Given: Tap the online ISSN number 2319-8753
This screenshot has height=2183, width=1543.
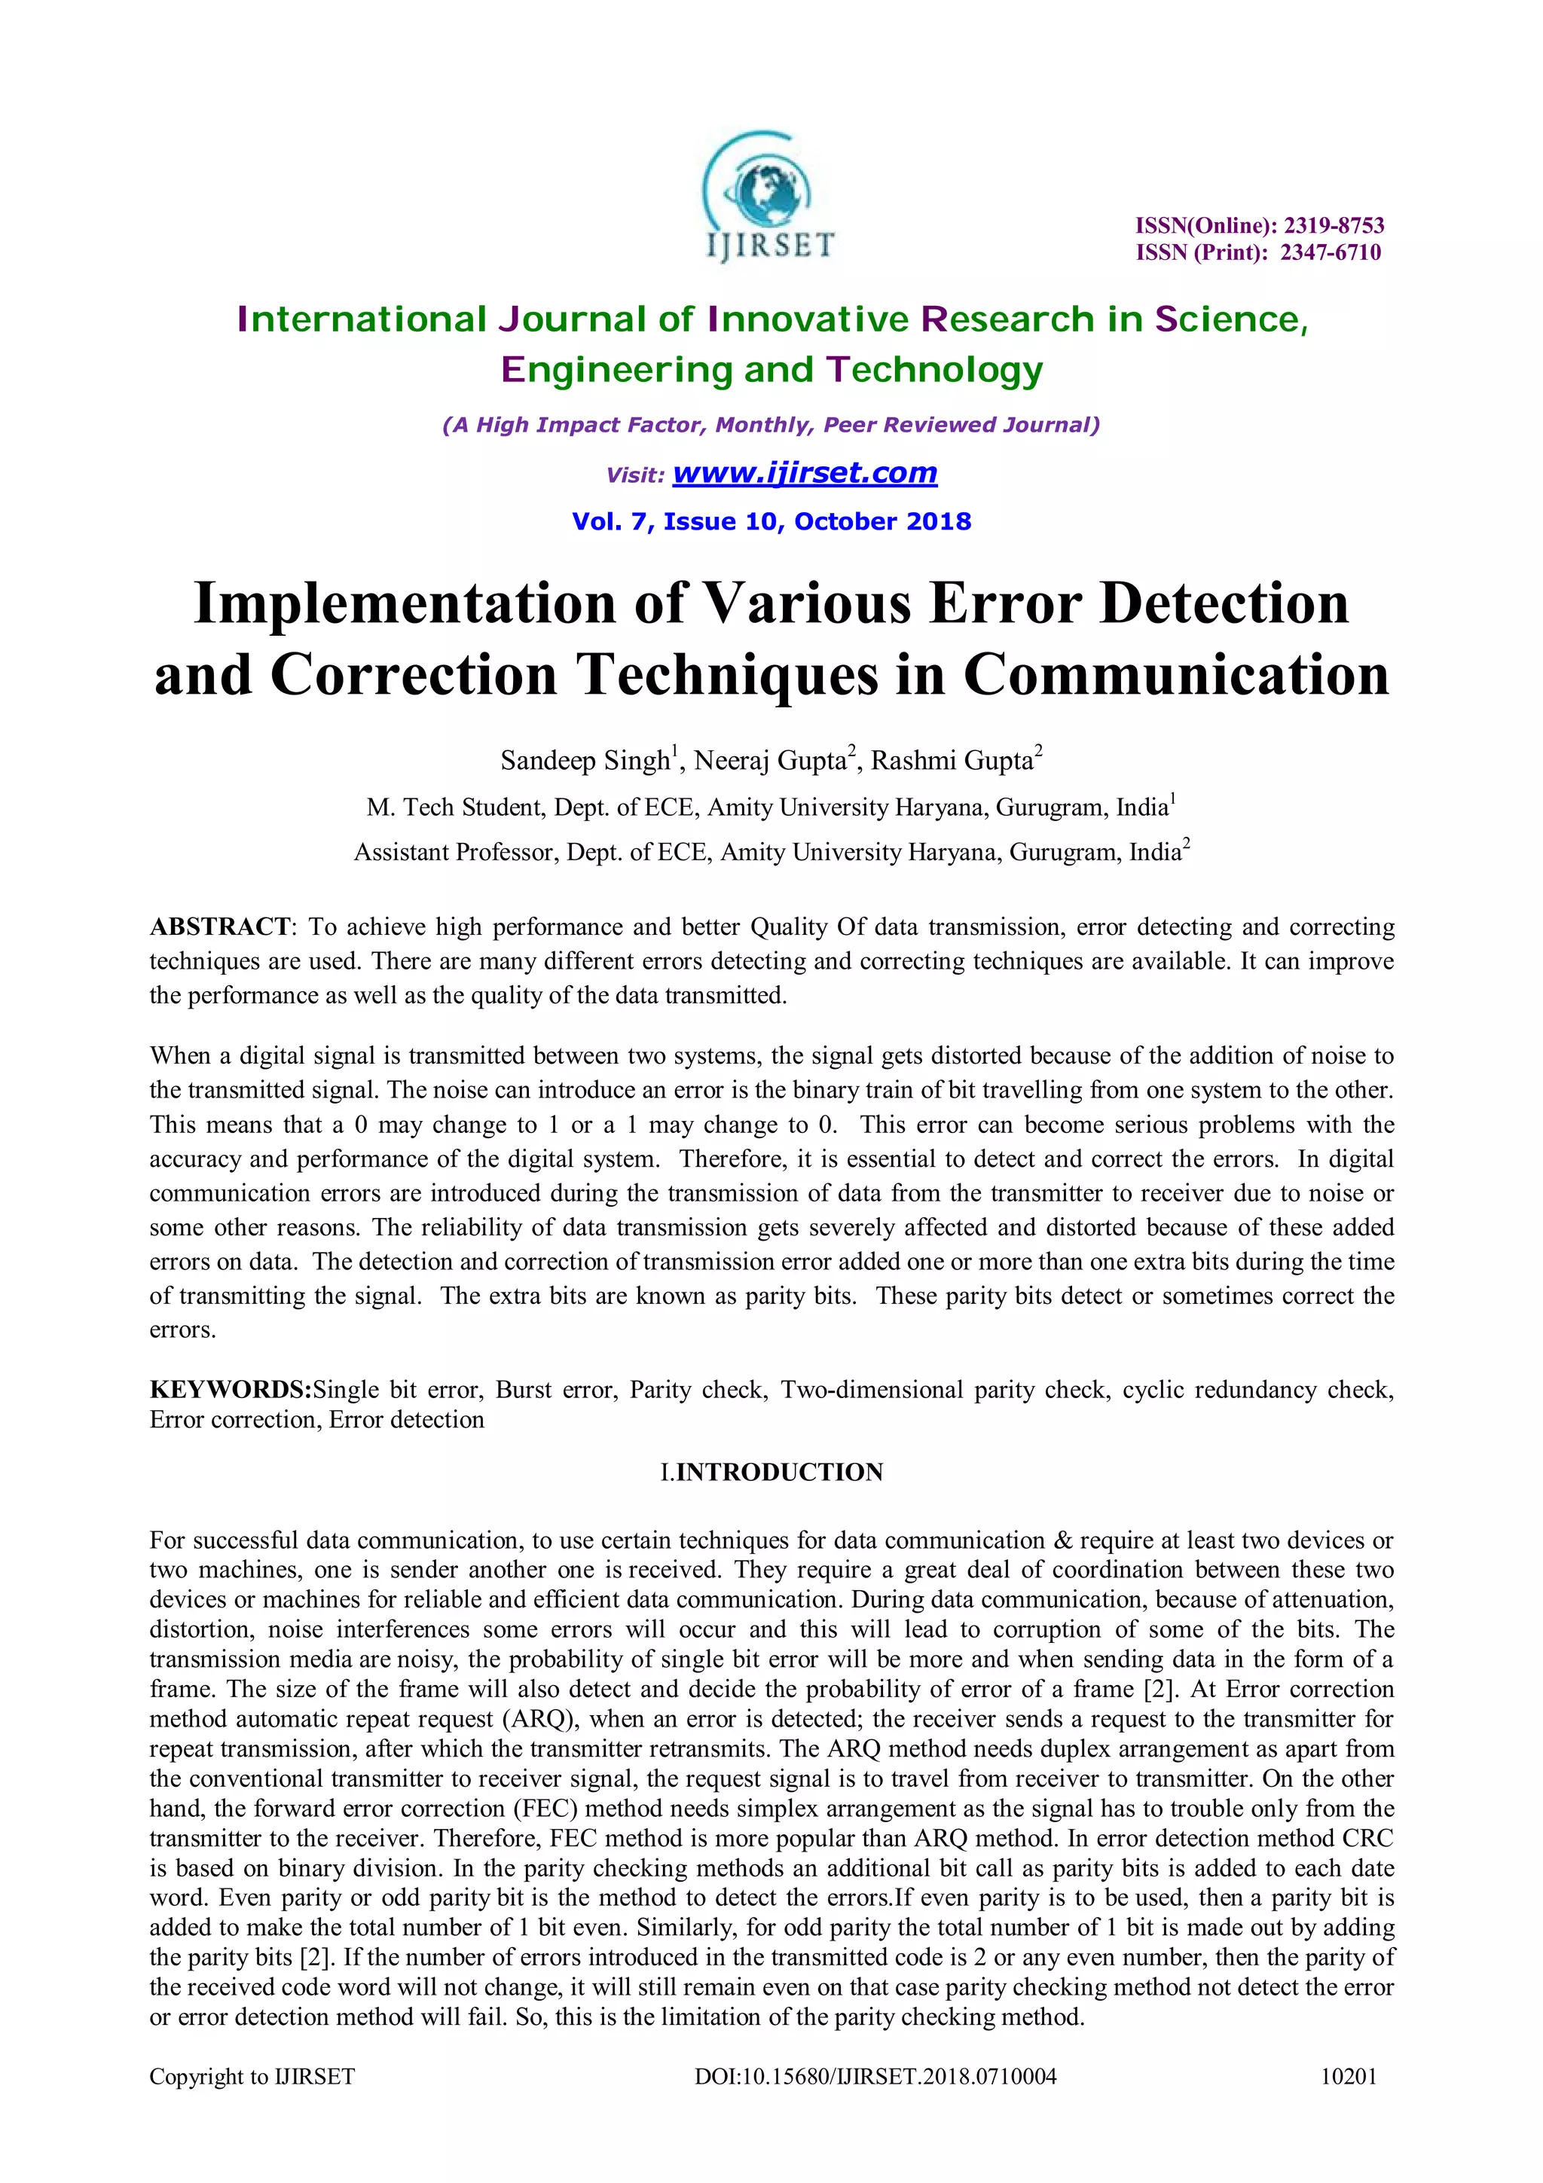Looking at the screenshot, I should (1334, 225).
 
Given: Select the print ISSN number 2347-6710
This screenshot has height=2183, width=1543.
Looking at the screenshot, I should (1330, 252).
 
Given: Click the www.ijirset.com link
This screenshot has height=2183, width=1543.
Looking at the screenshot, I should (805, 472).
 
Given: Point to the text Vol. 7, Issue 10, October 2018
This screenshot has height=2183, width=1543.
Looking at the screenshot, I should (771, 521).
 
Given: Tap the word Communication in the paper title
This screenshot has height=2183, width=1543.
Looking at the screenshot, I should (1176, 675).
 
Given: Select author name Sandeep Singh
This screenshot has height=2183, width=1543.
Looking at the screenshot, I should (585, 761).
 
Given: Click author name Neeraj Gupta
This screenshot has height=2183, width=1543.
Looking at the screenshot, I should (770, 761).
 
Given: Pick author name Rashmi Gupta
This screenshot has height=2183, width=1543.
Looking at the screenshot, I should (952, 761).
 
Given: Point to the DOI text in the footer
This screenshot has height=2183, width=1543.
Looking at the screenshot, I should (875, 2077).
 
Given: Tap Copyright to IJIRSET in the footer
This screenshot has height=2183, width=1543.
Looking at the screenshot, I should (252, 2077).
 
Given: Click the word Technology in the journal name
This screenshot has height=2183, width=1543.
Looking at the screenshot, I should (934, 370).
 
